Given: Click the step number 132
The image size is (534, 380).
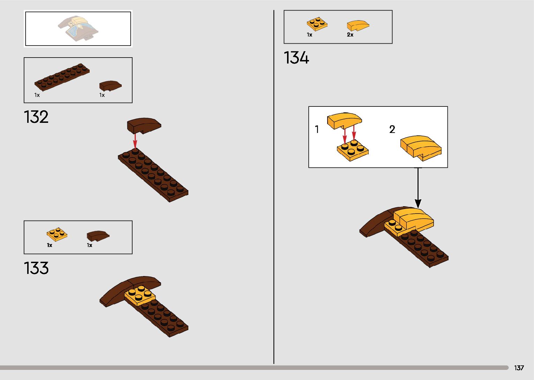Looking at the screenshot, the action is pos(36,117).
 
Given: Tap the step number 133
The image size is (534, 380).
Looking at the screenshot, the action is pos(36,268).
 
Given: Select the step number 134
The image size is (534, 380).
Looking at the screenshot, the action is pos(296,58).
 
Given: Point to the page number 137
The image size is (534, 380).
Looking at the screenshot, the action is pos(519,368).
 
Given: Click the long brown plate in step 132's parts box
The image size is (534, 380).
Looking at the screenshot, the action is pos(62,77).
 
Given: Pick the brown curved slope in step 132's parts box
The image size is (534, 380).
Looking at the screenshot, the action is pos(110,85).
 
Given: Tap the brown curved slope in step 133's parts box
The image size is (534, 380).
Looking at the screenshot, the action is pos(98,236).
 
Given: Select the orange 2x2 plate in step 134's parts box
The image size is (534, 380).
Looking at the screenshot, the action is pos(317,24).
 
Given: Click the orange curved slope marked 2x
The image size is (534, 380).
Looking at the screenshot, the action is pos(358,25).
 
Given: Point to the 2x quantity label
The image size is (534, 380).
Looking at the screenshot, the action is pos(350,35).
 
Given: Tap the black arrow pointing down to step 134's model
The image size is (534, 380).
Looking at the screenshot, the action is pos(418,188).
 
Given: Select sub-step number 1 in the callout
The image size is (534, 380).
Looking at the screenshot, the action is pos(317,129).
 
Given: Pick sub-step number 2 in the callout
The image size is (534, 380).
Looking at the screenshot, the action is pos(392,129).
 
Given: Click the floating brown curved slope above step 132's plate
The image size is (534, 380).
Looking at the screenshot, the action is pos(143,125).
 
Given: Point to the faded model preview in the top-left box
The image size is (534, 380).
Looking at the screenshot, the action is pos(78,28).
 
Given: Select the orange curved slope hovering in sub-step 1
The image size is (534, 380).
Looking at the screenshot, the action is pos(344,120).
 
